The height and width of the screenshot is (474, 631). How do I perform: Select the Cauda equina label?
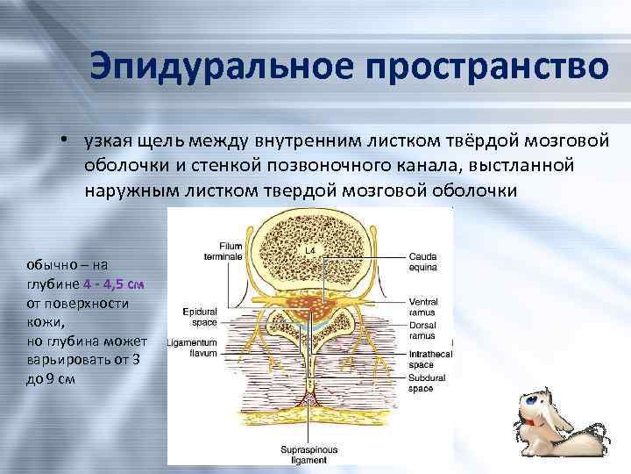[x=422, y=261]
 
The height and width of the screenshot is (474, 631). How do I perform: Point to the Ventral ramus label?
[x=423, y=306]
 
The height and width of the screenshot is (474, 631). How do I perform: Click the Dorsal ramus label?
[x=423, y=330]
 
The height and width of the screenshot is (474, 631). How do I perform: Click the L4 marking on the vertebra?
[x=309, y=250]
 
